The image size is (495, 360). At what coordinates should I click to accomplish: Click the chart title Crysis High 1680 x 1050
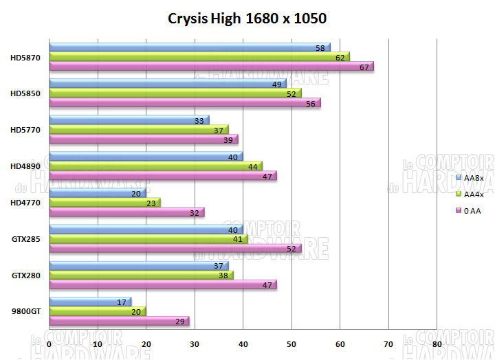point(247,18)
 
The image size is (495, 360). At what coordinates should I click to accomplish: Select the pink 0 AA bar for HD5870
point(206,67)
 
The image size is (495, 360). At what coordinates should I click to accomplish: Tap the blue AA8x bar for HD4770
point(96,193)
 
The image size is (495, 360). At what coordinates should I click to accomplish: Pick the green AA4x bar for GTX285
point(144,238)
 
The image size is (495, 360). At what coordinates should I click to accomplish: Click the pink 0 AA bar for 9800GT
point(117,321)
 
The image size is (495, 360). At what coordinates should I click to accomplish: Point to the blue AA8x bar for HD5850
point(165,84)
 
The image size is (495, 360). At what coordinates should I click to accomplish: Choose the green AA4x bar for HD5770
point(137,129)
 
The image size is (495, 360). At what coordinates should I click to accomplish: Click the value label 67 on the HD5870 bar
point(364,67)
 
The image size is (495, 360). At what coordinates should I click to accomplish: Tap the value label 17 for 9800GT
point(122,301)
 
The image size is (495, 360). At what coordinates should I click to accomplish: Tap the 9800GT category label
point(25,311)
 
